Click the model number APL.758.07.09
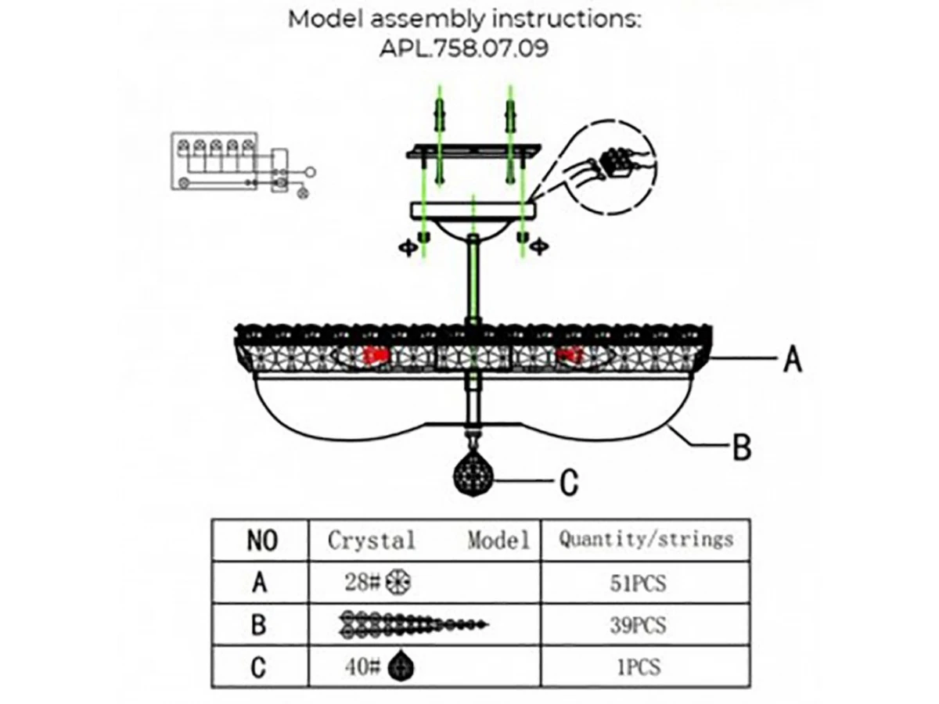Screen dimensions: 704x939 464,48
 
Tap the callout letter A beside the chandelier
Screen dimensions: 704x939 792,361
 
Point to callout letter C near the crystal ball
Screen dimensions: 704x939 570,483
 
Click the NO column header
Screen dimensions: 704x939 261,541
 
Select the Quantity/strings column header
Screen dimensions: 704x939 646,539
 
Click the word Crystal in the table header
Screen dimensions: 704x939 372,540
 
